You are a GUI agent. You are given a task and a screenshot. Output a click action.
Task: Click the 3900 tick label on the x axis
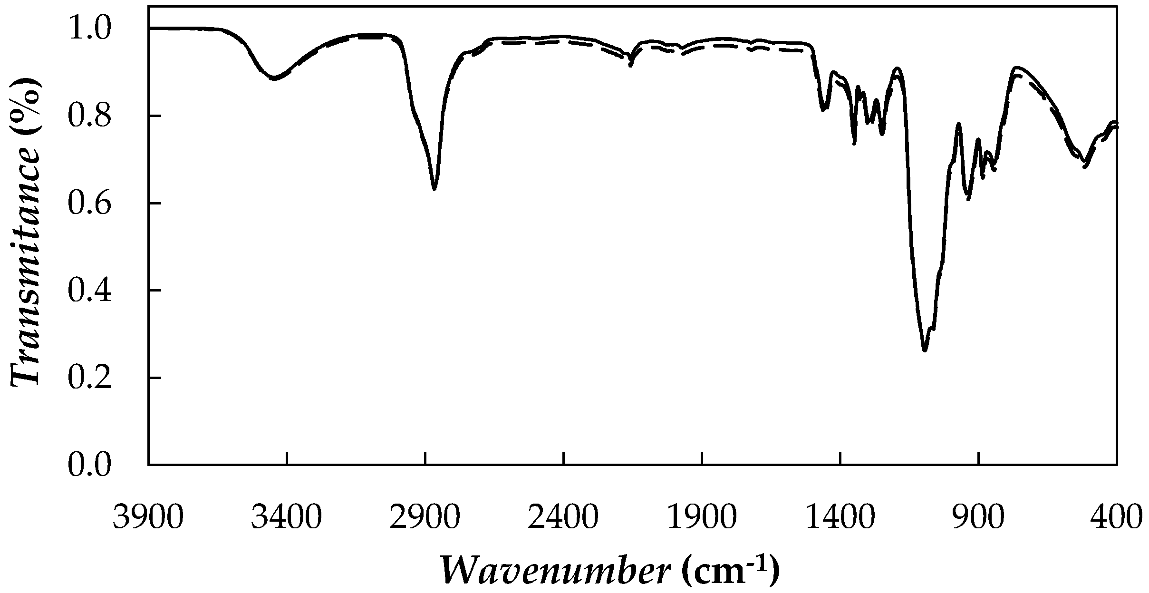click(x=148, y=517)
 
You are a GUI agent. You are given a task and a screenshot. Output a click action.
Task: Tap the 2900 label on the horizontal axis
click(x=425, y=517)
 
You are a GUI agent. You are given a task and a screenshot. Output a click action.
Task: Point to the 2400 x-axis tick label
click(x=563, y=517)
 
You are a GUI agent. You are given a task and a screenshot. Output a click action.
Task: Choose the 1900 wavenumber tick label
click(x=702, y=517)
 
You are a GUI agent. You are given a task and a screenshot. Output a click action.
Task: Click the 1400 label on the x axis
click(x=840, y=517)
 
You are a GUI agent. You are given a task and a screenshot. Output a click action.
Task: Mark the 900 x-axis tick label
click(x=979, y=517)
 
